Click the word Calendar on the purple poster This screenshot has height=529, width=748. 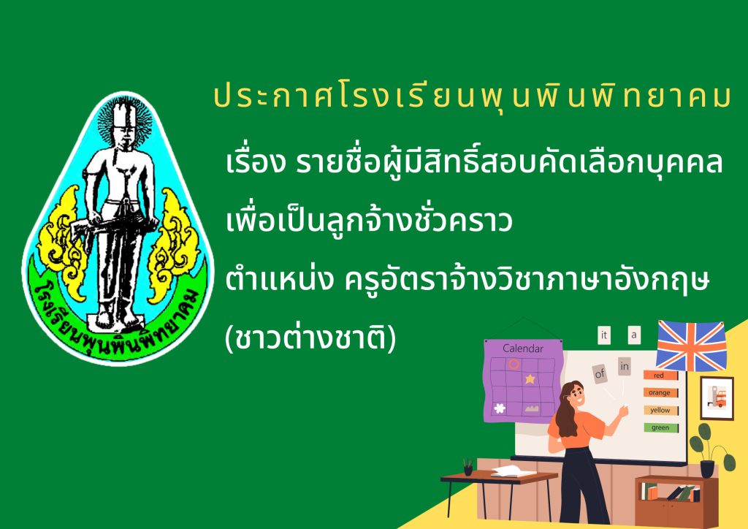pyautogui.click(x=523, y=349)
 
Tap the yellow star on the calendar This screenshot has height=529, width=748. pyautogui.click(x=530, y=379)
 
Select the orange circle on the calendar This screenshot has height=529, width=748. pyautogui.click(x=514, y=365)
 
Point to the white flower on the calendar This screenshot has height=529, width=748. pyautogui.click(x=500, y=408)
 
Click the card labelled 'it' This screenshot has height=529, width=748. pyautogui.click(x=604, y=335)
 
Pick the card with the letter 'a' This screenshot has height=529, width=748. pyautogui.click(x=634, y=335)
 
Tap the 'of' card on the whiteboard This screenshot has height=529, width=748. pyautogui.click(x=600, y=373)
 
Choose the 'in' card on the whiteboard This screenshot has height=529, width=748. pyautogui.click(x=625, y=366)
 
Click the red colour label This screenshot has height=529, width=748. pyautogui.click(x=660, y=376)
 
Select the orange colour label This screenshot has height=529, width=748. pyautogui.click(x=660, y=392)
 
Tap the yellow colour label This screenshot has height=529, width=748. pyautogui.click(x=660, y=410)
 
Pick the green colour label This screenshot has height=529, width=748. pyautogui.click(x=660, y=428)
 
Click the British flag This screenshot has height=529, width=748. pyautogui.click(x=691, y=346)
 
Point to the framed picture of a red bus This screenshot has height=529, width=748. pyautogui.click(x=717, y=397)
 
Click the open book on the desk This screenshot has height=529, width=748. pyautogui.click(x=514, y=471)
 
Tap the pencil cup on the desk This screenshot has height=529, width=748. pyautogui.click(x=468, y=470)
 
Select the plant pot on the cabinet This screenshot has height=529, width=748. pyautogui.click(x=707, y=468)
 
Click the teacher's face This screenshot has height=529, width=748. pyautogui.click(x=577, y=395)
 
